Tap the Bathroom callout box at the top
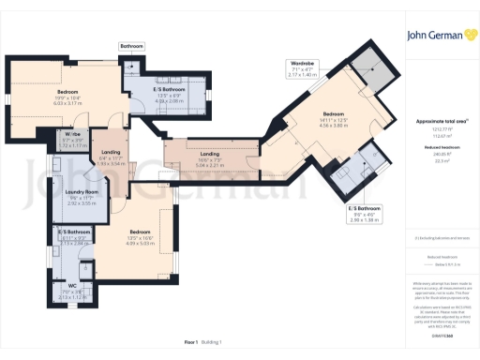point(131,45)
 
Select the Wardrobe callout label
point(304,63)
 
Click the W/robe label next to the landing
point(71,137)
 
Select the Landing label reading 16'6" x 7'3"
point(209,153)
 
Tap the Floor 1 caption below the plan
point(190,344)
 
